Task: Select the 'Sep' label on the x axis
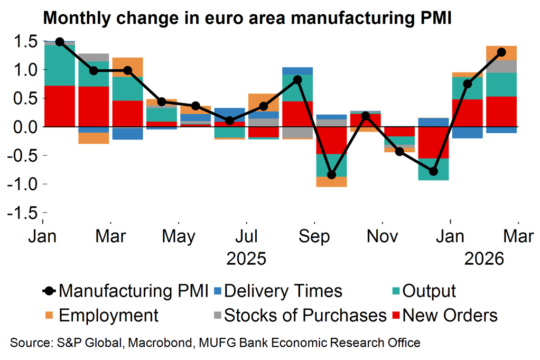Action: [x=314, y=236]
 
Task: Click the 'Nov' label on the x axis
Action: [x=383, y=236]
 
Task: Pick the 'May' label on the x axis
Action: [x=178, y=236]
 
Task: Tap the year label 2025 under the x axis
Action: [x=246, y=259]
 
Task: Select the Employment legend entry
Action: [x=108, y=316]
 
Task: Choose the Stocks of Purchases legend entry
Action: [x=305, y=316]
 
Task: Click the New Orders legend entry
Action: [x=450, y=316]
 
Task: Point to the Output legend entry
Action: [x=429, y=291]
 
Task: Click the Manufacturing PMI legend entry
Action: [x=133, y=291]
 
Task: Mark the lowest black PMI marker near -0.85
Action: [x=331, y=175]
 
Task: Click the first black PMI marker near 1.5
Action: [x=59, y=42]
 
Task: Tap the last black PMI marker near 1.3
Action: [x=501, y=52]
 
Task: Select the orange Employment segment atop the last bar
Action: [x=501, y=53]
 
